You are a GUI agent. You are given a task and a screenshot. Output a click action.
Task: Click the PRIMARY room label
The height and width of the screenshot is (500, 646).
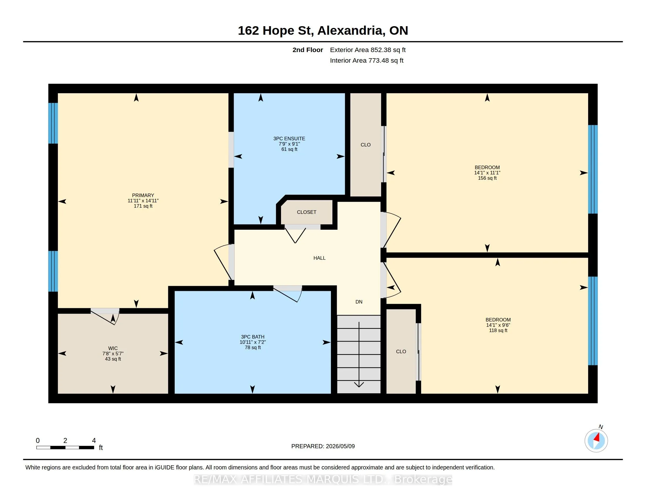click(x=143, y=195)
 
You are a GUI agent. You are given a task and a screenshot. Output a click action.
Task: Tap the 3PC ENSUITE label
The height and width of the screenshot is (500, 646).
click(x=289, y=138)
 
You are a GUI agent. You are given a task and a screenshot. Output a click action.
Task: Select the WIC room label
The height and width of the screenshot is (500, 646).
click(x=113, y=348)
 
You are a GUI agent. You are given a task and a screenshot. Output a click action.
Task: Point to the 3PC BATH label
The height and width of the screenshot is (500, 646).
click(x=253, y=337)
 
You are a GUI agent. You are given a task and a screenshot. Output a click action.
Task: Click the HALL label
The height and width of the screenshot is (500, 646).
click(x=319, y=258)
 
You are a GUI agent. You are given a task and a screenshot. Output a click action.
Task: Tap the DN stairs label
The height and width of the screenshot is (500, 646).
click(x=359, y=302)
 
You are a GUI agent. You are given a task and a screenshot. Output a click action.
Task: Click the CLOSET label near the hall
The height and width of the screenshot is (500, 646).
click(x=307, y=212)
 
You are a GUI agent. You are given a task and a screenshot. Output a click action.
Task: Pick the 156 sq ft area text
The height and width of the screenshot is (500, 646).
click(x=487, y=178)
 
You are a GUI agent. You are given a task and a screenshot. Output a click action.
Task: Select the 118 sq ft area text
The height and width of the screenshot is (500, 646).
click(x=498, y=330)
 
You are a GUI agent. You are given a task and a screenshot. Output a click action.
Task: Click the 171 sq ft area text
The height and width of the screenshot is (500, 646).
click(x=143, y=206)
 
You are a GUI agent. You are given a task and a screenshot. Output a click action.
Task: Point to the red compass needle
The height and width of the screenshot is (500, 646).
click(x=597, y=438)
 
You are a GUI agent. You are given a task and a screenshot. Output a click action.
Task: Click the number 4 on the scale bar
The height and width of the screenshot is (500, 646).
click(x=94, y=441)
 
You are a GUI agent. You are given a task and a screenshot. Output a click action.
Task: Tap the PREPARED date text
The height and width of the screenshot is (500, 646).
click(x=323, y=446)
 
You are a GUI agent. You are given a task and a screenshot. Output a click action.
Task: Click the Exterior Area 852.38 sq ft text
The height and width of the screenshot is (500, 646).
click(x=368, y=50)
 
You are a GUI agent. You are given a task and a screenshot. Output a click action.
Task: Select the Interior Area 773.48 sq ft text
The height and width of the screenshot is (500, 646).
click(x=366, y=60)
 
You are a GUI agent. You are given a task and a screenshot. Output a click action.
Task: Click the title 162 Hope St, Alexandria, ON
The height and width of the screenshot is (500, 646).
click(x=323, y=31)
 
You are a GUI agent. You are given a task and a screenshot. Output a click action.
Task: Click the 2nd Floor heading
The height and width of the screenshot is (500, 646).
click(x=308, y=50)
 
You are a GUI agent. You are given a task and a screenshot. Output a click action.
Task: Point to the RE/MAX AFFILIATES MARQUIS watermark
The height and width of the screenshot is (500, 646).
click(x=323, y=479)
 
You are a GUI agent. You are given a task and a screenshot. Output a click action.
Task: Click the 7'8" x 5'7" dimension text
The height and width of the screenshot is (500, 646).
click(x=113, y=354)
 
